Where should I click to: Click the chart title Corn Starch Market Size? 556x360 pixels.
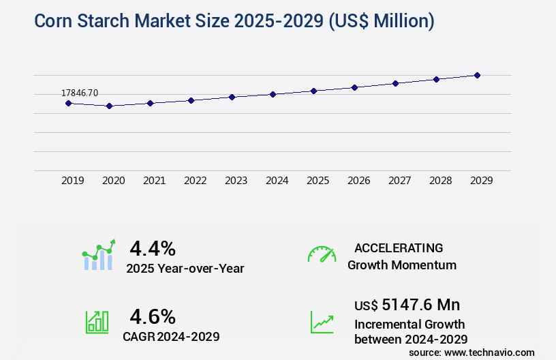tap(234, 21)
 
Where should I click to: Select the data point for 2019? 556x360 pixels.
tap(68, 103)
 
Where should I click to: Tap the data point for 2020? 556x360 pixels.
tap(109, 106)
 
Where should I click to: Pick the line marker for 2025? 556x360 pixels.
tap(313, 91)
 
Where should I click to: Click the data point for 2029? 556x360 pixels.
tap(477, 75)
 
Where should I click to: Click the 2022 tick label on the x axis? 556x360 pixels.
tap(195, 181)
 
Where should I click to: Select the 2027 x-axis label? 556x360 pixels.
tap(399, 181)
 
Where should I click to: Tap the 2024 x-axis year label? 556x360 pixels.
tap(277, 181)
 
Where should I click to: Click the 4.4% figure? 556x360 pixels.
tap(153, 247)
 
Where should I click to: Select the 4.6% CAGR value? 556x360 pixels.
tap(153, 316)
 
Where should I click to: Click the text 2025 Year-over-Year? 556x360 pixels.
tap(185, 269)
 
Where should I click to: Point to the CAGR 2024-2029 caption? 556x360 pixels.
tap(171, 336)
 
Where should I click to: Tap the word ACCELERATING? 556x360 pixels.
tap(399, 247)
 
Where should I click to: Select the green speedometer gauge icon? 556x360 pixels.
tap(322, 254)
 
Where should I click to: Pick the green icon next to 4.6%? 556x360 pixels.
tap(97, 322)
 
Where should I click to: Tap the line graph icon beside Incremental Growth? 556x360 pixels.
tap(322, 322)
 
